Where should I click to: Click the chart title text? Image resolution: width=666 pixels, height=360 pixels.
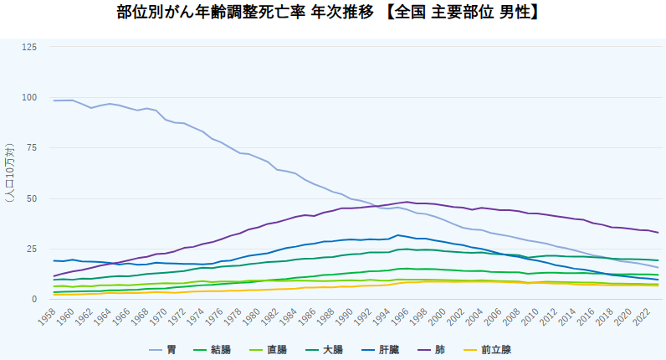333,13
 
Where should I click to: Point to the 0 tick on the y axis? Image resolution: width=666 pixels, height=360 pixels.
34,300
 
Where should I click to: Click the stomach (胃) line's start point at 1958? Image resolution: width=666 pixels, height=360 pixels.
54,100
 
